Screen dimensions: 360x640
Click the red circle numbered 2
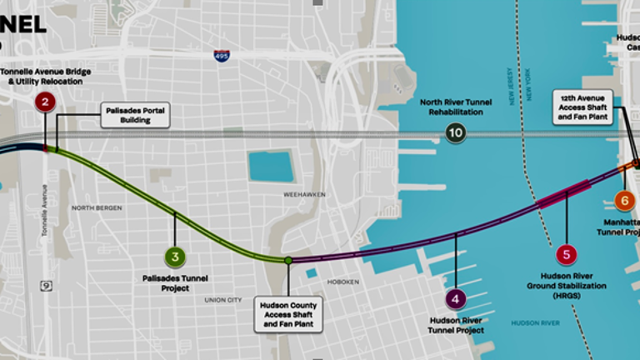tap(45, 103)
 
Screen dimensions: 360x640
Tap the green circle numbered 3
tap(174, 257)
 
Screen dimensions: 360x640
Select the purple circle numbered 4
tap(456, 297)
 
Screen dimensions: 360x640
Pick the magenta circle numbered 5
tap(566, 256)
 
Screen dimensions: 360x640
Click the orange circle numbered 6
tap(623, 201)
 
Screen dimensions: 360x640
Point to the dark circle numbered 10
tap(455, 132)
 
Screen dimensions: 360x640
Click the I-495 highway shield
tap(220, 56)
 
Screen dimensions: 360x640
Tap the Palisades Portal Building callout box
tap(135, 115)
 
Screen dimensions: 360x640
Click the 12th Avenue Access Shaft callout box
tap(584, 107)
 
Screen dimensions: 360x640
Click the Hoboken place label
tap(343, 282)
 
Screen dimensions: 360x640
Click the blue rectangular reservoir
tap(271, 166)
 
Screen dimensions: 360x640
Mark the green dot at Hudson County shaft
tap(288, 261)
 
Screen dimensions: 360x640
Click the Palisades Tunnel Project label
tap(175, 283)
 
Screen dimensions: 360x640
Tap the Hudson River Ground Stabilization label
tap(567, 286)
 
